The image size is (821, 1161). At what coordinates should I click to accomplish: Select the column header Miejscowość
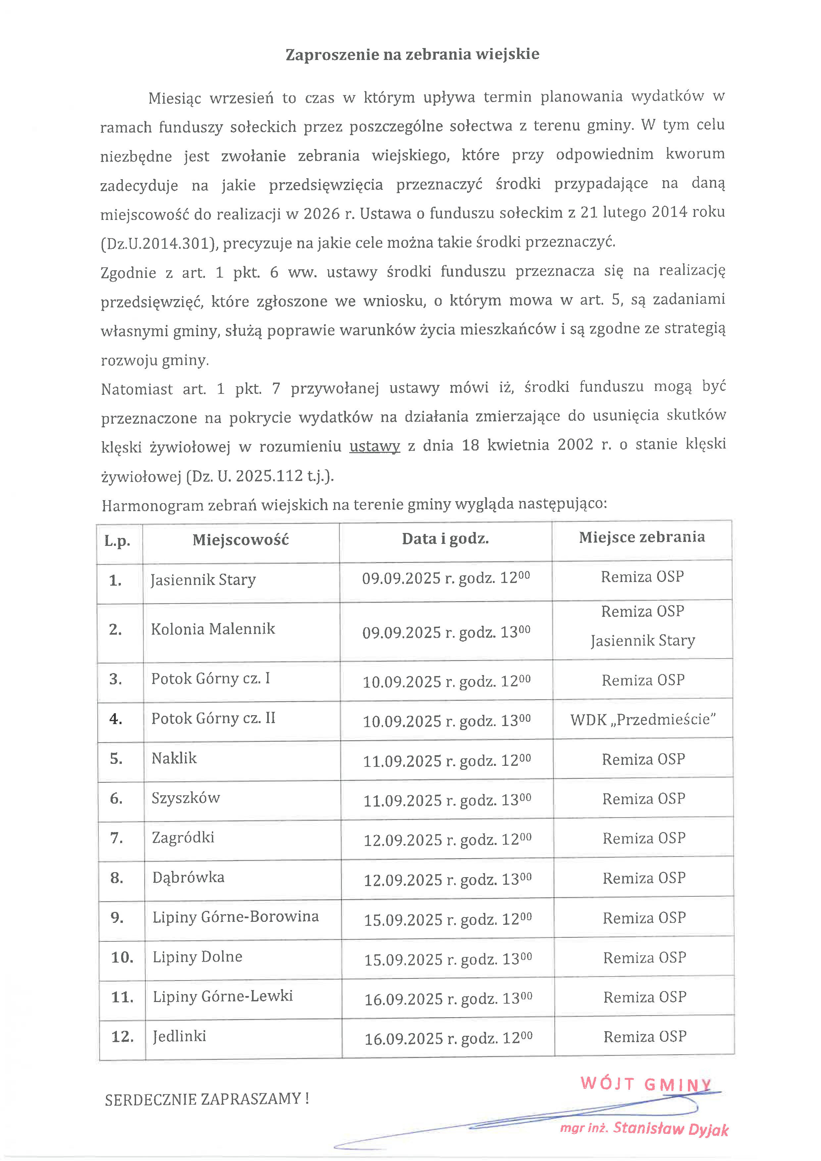(241, 540)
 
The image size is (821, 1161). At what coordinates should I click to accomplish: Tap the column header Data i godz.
(445, 539)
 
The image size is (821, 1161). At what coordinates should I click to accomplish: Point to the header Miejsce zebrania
(642, 537)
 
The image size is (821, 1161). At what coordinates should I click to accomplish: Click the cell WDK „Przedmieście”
(643, 719)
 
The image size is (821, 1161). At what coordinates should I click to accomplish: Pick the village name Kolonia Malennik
(213, 629)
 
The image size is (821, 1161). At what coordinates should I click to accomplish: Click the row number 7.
(117, 838)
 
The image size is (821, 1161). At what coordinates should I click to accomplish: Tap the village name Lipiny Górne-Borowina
(236, 917)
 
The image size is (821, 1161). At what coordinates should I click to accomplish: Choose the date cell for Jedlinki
(448, 1038)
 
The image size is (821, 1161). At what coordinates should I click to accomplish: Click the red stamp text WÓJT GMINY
(646, 1083)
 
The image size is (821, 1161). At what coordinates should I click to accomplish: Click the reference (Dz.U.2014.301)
(159, 244)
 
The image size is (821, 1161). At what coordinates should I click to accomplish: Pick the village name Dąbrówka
(188, 877)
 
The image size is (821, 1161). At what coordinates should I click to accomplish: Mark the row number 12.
(122, 1036)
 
